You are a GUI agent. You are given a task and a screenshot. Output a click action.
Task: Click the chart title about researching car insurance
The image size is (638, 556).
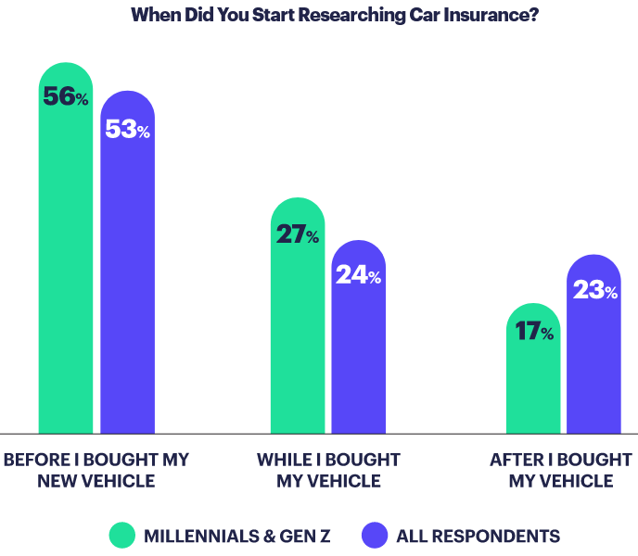click(x=335, y=15)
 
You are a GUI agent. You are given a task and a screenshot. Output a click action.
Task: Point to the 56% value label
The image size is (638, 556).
click(x=66, y=96)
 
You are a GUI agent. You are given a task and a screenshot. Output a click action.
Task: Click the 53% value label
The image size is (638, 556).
click(x=127, y=129)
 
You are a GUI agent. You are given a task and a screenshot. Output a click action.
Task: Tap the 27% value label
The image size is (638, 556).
click(x=298, y=234)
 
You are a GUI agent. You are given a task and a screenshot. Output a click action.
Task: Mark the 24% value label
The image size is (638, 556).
click(x=359, y=275)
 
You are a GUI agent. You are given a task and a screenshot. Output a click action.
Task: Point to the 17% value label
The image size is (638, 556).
click(x=533, y=331)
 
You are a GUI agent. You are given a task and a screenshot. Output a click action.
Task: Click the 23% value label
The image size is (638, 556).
click(x=594, y=290)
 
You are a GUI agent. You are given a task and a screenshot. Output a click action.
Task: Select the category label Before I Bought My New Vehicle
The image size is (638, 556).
click(x=96, y=470)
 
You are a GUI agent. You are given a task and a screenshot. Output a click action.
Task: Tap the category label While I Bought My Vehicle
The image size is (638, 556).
click(x=328, y=470)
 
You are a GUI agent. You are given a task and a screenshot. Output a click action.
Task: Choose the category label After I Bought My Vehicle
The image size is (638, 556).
click(x=561, y=470)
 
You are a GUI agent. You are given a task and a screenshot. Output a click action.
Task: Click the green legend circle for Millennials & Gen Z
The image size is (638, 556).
click(x=122, y=535)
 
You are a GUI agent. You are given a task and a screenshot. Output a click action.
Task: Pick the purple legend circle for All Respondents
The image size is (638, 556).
click(x=375, y=535)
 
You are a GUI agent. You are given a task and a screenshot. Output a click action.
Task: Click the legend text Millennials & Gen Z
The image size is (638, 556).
click(x=236, y=536)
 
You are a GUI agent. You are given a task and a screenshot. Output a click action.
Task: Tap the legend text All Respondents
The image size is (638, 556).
click(x=478, y=536)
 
